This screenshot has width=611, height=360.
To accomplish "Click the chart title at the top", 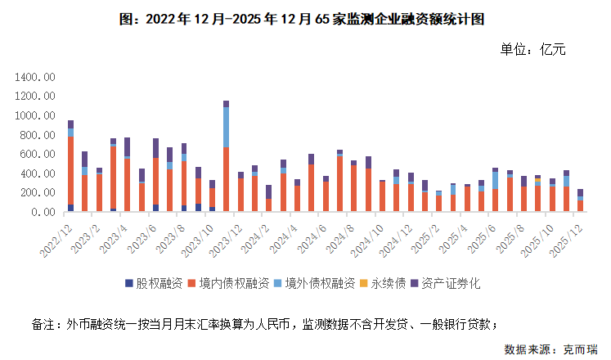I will pyautogui.click(x=306, y=17).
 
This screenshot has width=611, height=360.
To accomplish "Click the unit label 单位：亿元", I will pyautogui.click(x=532, y=50).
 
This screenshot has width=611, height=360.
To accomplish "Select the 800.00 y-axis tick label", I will pyautogui.click(x=38, y=135).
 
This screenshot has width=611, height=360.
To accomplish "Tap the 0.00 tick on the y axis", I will pyautogui.click(x=44, y=213).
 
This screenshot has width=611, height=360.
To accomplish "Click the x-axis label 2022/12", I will pyautogui.click(x=58, y=233).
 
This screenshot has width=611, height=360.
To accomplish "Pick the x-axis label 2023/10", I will pyautogui.click(x=199, y=233).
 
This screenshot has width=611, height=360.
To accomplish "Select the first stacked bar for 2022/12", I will pyautogui.click(x=71, y=168).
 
